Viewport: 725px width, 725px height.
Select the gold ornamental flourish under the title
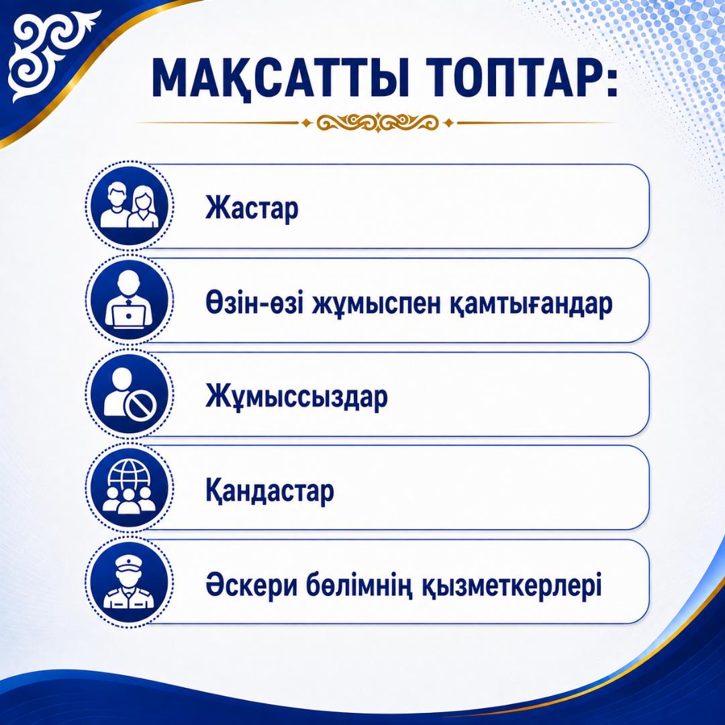(x=377, y=123)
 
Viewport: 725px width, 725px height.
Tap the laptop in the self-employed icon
(x=129, y=315)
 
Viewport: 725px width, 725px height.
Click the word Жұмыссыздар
(x=297, y=397)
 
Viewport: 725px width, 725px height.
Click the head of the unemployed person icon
(x=123, y=379)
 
